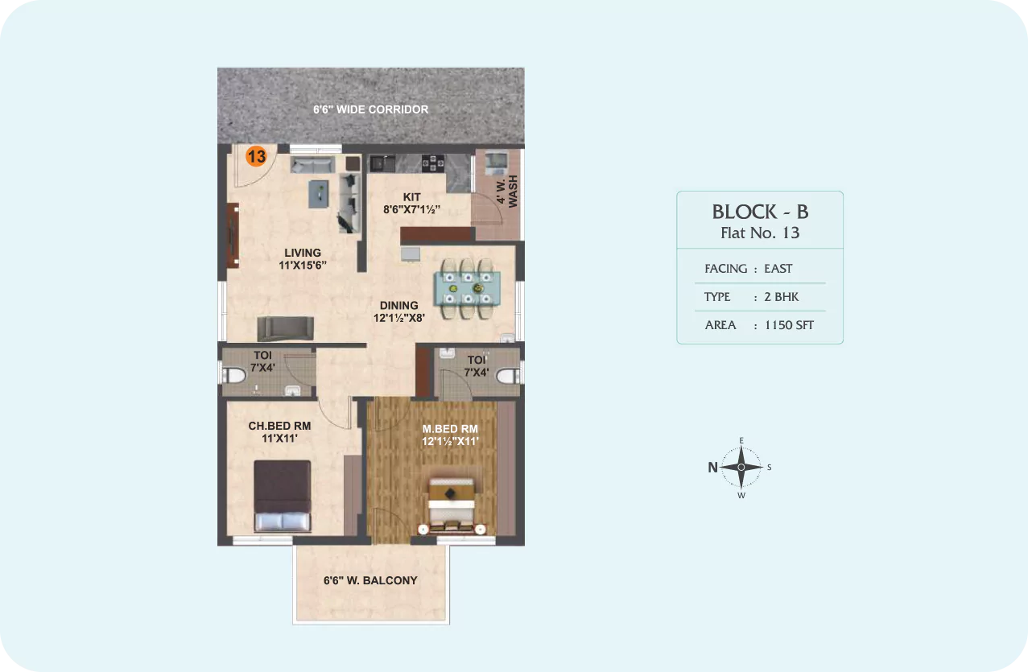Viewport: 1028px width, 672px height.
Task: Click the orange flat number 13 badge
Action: (x=256, y=156)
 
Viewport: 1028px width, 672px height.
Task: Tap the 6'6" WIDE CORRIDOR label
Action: (x=371, y=109)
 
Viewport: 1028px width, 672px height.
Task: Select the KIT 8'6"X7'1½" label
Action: (x=411, y=203)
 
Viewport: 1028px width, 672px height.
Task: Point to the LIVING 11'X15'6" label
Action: (x=303, y=258)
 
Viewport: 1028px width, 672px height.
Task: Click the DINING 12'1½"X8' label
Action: (x=398, y=311)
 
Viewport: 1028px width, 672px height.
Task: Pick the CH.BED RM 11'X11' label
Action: (x=279, y=431)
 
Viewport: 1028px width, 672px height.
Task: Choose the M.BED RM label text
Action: (x=450, y=429)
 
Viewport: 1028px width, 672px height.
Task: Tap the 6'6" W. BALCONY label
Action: (x=370, y=580)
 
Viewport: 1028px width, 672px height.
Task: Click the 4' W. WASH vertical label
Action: (x=507, y=191)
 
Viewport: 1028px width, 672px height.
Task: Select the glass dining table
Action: (x=467, y=289)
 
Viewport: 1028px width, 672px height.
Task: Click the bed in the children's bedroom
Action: (x=283, y=496)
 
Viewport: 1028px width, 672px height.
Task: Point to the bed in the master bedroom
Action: (x=451, y=506)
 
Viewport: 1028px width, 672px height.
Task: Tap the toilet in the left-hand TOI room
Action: (x=233, y=376)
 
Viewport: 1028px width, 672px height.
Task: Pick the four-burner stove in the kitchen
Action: (x=433, y=163)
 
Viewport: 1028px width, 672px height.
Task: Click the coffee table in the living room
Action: (x=319, y=194)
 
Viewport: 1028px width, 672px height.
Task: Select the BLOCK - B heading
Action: (x=760, y=212)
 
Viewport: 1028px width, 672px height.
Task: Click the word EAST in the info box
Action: (x=778, y=268)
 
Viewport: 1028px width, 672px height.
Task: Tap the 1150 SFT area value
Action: (x=789, y=325)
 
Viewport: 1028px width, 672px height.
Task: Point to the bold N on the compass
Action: (x=712, y=468)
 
